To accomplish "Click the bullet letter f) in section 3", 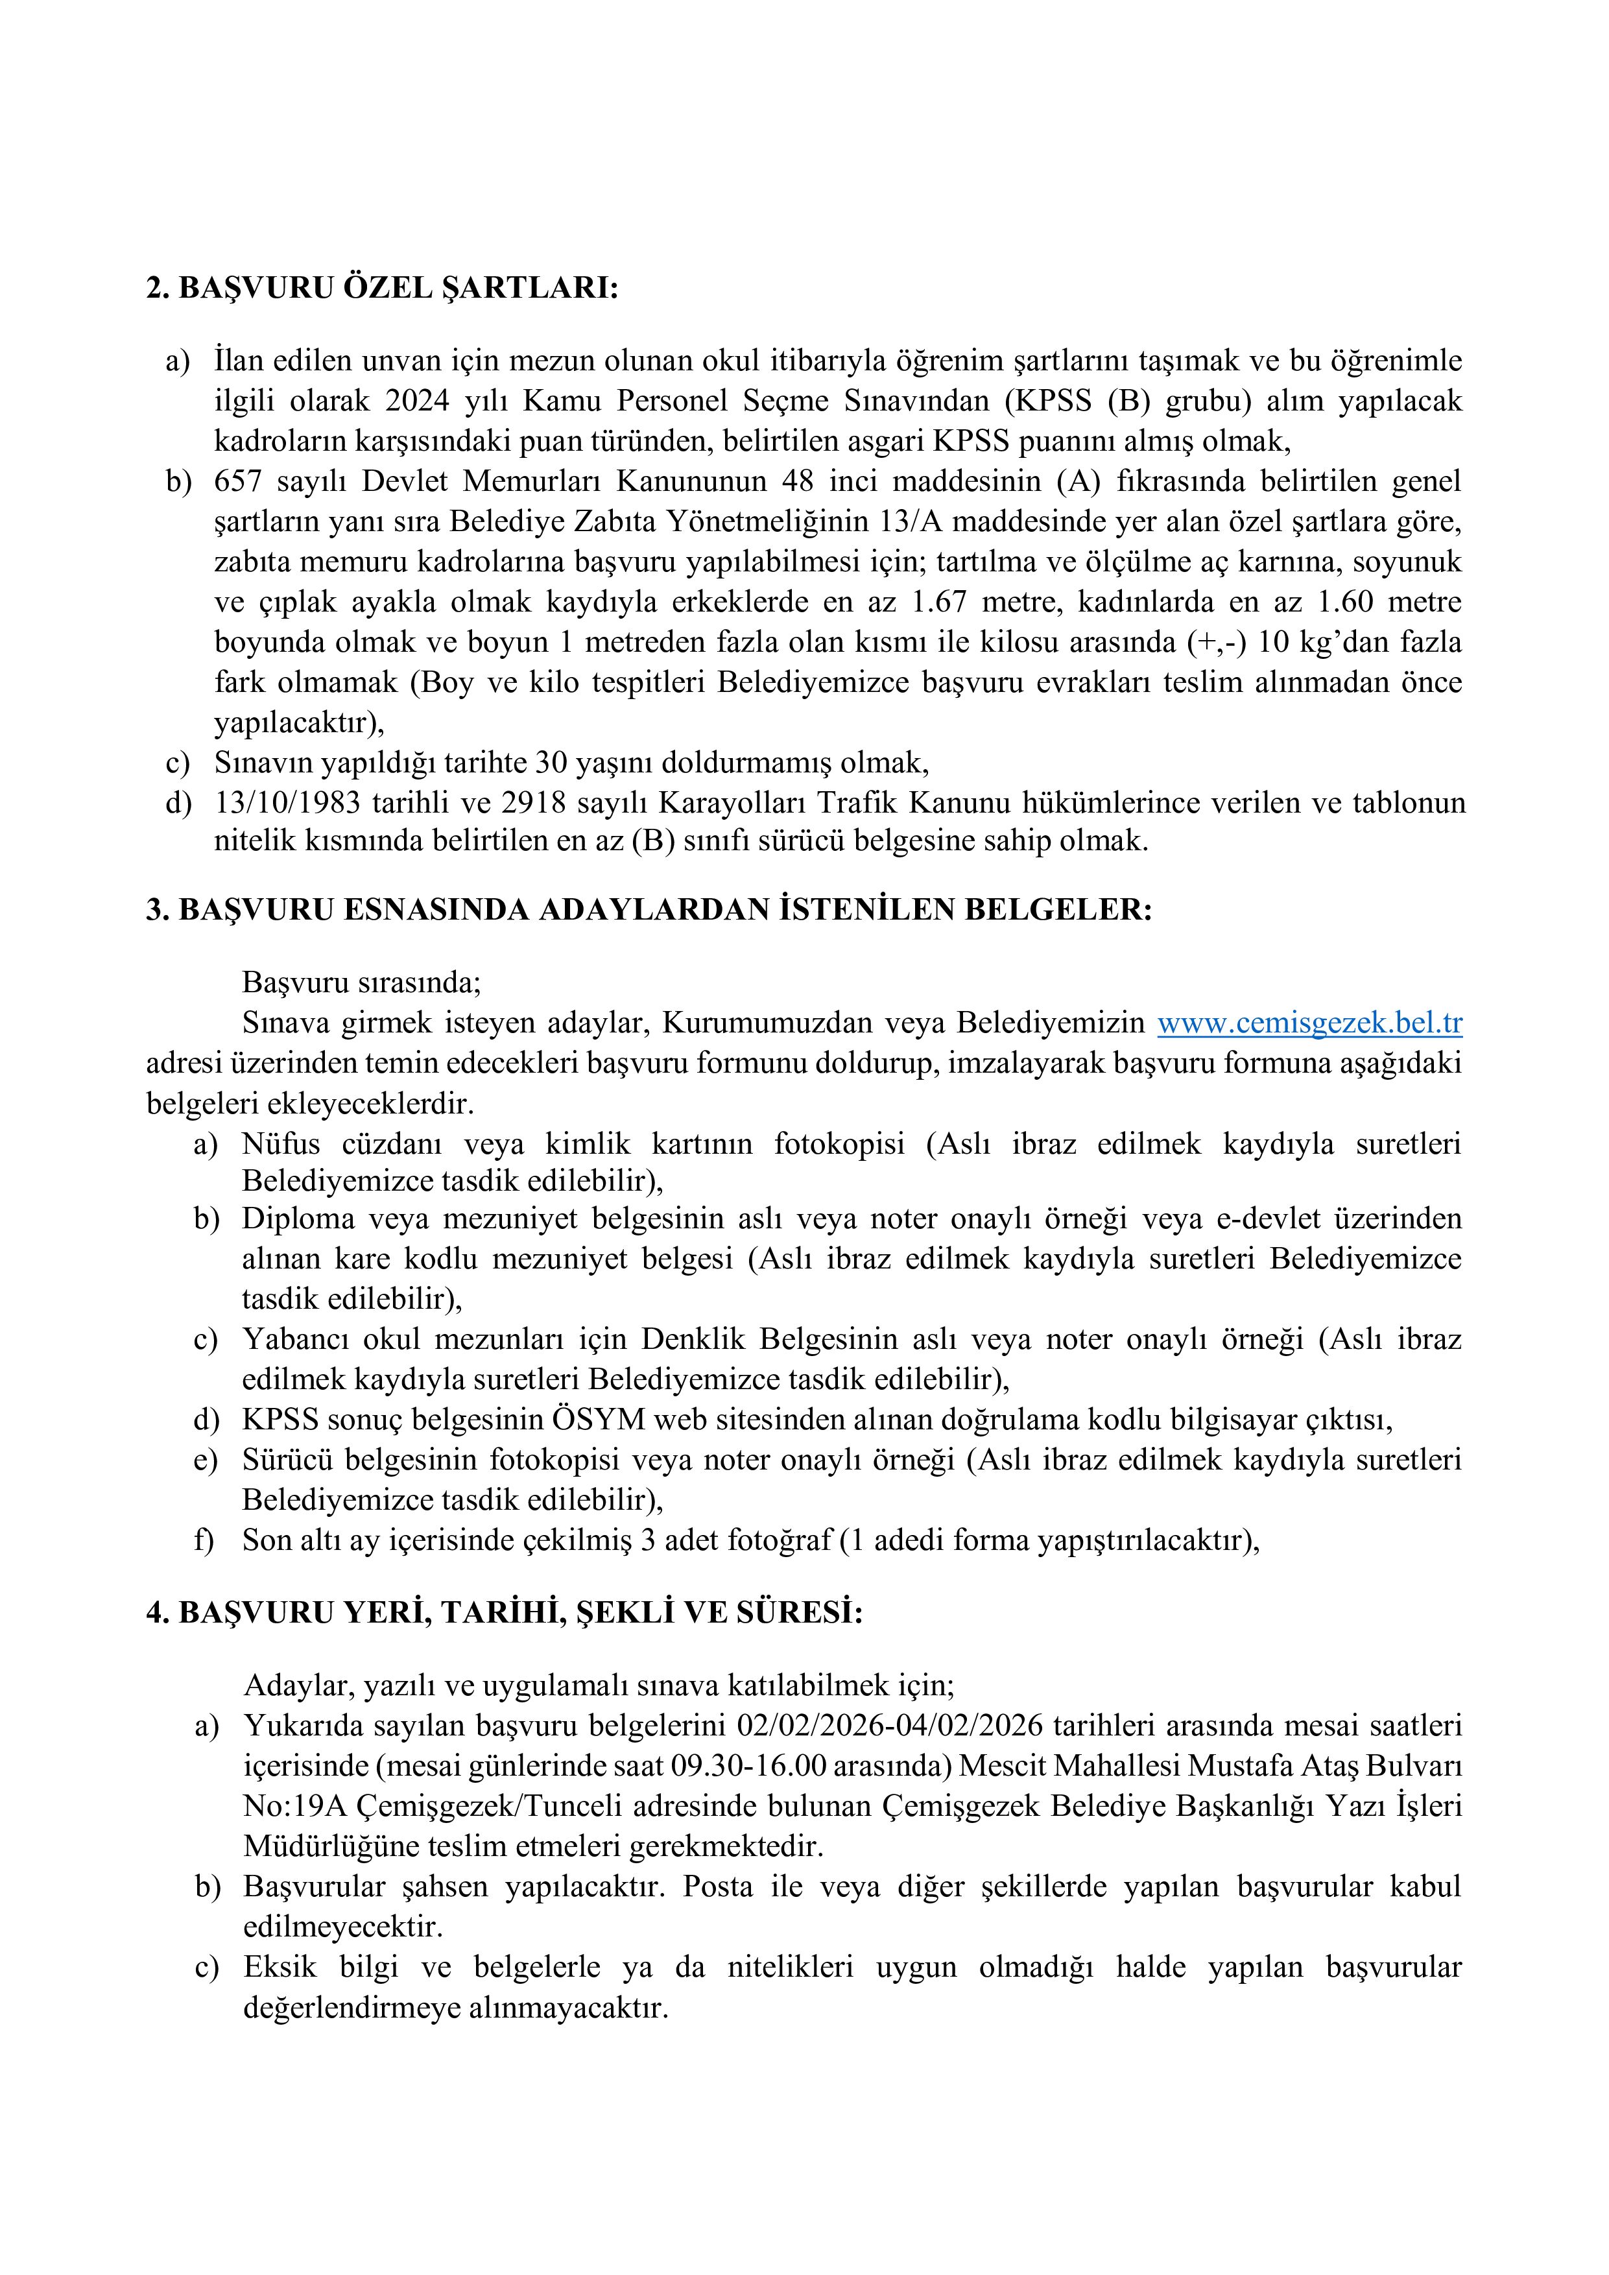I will pyautogui.click(x=204, y=1541).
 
